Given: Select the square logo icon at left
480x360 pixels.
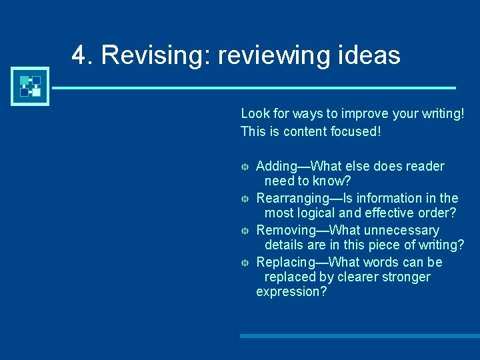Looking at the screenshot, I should (31, 87).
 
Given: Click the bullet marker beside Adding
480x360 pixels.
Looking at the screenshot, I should (245, 167).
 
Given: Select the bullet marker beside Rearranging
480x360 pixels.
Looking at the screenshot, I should (245, 199).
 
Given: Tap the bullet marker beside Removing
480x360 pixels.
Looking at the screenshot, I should (245, 231).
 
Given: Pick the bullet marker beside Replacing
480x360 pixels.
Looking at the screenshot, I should (245, 263).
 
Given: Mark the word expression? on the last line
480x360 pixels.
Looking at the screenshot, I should (291, 291).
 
